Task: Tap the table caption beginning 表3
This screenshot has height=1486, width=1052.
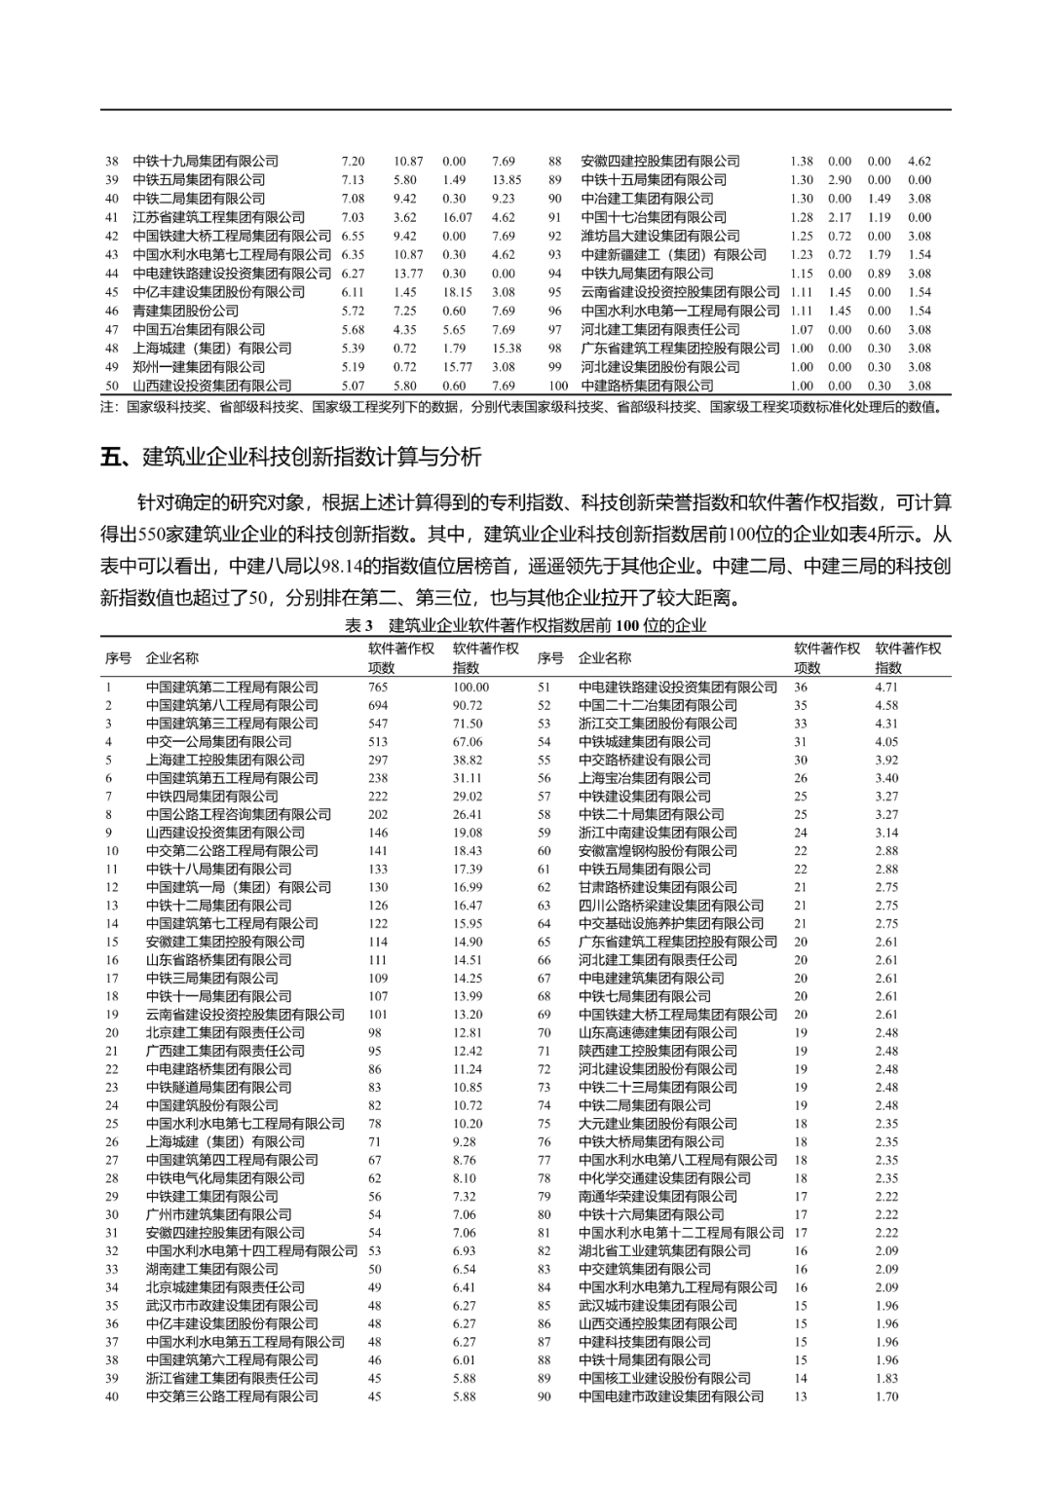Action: pyautogui.click(x=525, y=626)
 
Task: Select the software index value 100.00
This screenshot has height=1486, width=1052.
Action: pyautogui.click(x=470, y=687)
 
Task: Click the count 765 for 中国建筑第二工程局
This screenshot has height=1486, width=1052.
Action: pyautogui.click(x=378, y=687)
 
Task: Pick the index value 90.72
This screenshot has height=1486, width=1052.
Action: pyautogui.click(x=468, y=705)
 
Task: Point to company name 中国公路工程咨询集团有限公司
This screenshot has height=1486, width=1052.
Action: pyautogui.click(x=238, y=814)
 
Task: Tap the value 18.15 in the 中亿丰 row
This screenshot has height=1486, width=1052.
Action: pyautogui.click(x=457, y=292)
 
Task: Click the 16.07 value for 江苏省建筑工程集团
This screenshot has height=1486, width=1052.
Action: pyautogui.click(x=457, y=217)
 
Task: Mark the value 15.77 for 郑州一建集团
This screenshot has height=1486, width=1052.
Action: pyautogui.click(x=457, y=367)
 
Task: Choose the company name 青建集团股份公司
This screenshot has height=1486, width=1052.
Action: pyautogui.click(x=185, y=311)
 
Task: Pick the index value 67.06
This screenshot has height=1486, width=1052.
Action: pyautogui.click(x=468, y=741)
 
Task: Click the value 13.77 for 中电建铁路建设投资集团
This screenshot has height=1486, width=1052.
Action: pyautogui.click(x=408, y=274)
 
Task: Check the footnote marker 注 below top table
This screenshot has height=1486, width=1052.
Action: pyautogui.click(x=107, y=407)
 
